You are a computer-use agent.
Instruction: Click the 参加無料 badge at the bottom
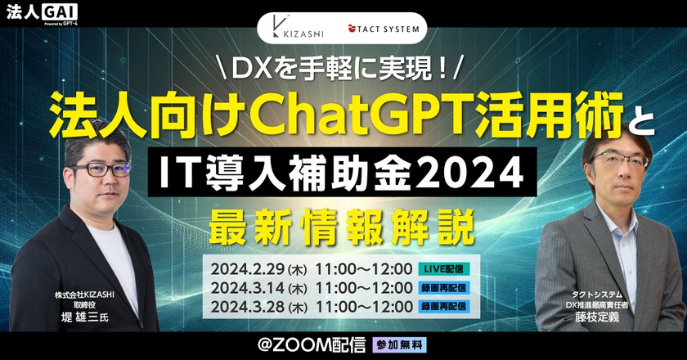point(399,344)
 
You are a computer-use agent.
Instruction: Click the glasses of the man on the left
point(102,169)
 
